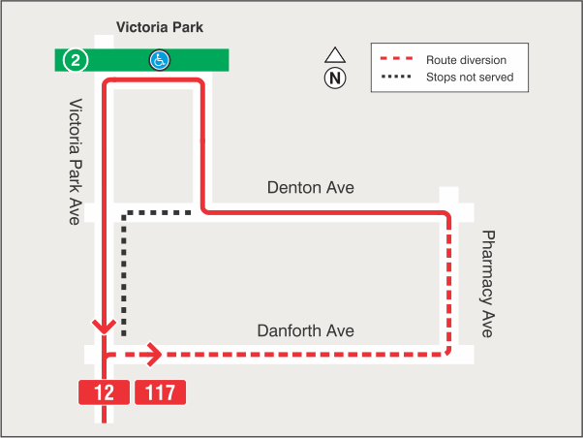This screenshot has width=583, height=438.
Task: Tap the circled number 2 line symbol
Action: click(77, 59)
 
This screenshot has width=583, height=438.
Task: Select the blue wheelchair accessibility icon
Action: click(159, 60)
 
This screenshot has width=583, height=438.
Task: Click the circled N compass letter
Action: click(335, 78)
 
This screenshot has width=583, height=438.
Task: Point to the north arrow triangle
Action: click(335, 55)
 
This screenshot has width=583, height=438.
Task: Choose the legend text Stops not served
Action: click(470, 77)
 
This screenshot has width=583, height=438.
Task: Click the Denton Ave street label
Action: click(311, 187)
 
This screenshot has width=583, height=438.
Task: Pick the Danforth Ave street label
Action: click(305, 330)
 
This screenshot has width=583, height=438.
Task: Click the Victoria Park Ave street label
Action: click(75, 161)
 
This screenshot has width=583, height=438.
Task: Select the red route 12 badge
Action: click(104, 392)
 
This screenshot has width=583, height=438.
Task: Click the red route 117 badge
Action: click(160, 392)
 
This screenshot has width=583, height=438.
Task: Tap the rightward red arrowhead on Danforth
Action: click(152, 355)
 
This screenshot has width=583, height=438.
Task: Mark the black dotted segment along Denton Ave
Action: click(158, 211)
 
